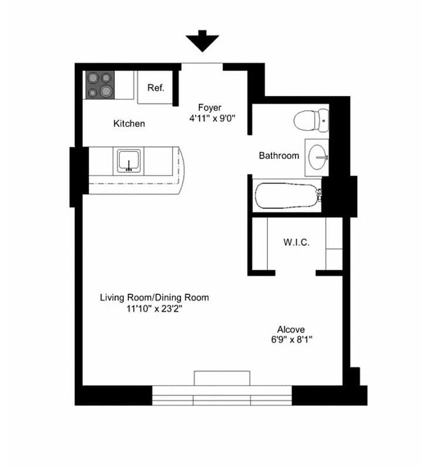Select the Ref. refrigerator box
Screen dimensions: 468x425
[x=155, y=88]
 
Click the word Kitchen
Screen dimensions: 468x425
[x=129, y=124]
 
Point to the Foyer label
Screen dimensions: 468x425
[x=209, y=108]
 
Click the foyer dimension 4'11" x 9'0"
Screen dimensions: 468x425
[x=212, y=118]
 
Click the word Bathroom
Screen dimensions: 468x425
[x=279, y=156]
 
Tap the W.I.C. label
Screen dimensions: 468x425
[x=297, y=242]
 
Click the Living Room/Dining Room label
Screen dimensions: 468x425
[x=154, y=298]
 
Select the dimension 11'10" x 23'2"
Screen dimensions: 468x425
[x=154, y=309]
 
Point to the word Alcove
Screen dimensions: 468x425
[x=291, y=330]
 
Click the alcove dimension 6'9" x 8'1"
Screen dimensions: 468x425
[x=291, y=340]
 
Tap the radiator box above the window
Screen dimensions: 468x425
[x=222, y=378]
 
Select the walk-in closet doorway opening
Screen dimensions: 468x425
[x=295, y=272]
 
